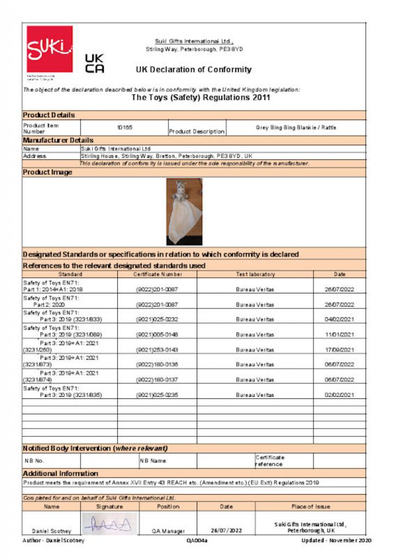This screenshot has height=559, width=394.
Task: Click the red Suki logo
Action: click(x=50, y=49)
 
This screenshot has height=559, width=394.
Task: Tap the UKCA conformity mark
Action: click(x=95, y=63)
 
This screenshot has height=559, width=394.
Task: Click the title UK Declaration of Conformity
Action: click(x=193, y=69)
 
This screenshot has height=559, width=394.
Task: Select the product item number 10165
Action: click(x=125, y=127)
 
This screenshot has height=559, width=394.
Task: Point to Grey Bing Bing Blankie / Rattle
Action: click(x=296, y=127)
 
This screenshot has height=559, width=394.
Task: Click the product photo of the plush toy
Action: click(x=184, y=211)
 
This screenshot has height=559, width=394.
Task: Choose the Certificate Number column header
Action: click(x=157, y=274)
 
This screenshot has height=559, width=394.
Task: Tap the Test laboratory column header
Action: click(x=255, y=274)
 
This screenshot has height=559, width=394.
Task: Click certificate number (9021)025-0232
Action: click(x=157, y=319)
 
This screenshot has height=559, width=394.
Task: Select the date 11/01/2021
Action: click(x=339, y=335)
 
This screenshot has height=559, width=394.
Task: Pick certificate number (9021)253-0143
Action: click(x=157, y=349)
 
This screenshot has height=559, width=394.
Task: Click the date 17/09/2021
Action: click(x=339, y=349)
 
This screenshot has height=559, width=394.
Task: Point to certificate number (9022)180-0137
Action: click(x=157, y=379)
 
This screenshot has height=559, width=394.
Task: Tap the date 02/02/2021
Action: click(x=339, y=395)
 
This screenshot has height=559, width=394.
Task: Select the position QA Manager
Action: click(x=168, y=531)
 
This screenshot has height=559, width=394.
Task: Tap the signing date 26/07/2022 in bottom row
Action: click(x=226, y=530)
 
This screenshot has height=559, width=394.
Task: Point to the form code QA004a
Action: click(x=197, y=540)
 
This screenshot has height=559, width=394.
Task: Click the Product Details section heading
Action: click(x=49, y=115)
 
